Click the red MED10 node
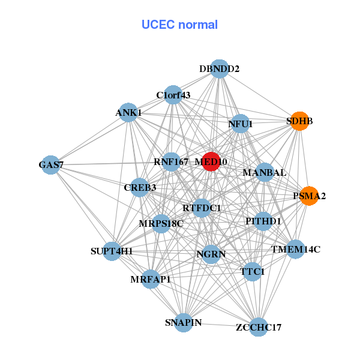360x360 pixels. click(211, 161)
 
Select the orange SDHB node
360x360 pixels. click(299, 121)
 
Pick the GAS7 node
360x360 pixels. click(51, 164)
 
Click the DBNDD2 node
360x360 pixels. click(220, 69)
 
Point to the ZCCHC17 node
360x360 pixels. click(259, 327)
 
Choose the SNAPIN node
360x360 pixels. click(184, 323)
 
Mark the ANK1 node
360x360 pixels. click(128, 113)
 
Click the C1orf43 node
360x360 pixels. click(173, 95)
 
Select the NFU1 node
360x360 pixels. click(240, 124)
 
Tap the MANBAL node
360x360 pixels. click(265, 173)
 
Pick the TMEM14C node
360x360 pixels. click(295, 249)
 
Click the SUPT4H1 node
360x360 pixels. click(112, 251)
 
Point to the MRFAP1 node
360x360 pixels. click(152, 279)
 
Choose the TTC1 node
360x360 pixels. click(252, 272)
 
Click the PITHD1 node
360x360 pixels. click(263, 221)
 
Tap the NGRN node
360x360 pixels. click(211, 254)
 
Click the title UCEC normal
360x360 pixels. click(179, 25)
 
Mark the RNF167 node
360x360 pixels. click(171, 161)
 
